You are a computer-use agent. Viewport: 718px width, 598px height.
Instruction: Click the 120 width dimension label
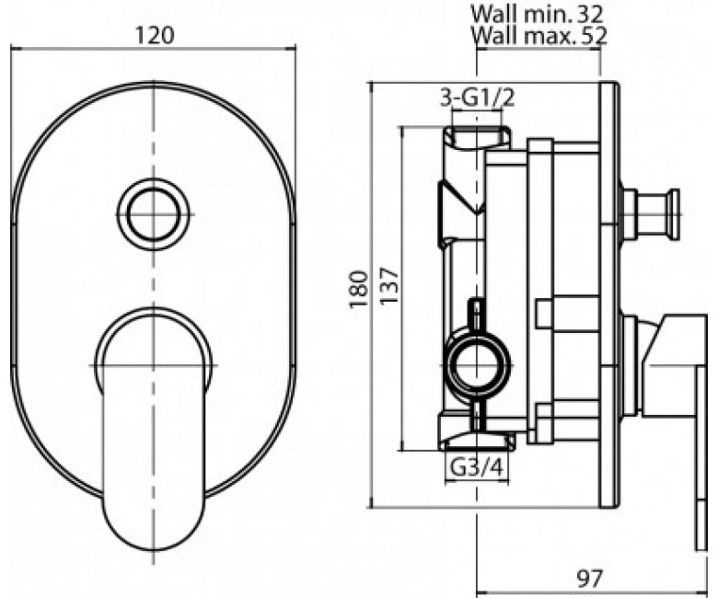coord(155,35)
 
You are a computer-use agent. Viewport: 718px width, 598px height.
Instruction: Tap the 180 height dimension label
coord(359,290)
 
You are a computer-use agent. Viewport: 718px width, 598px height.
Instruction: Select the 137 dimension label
coord(389,286)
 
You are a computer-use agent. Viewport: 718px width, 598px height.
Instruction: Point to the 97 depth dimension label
coord(590,579)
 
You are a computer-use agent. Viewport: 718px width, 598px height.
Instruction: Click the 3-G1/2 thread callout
coord(477,98)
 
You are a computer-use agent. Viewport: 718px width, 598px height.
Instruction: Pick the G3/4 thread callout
coord(477,467)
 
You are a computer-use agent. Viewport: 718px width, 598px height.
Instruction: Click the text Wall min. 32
coord(538,14)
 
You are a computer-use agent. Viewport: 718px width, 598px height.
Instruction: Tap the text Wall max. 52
coord(538,35)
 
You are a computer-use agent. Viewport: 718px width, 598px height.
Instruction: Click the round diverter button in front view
coord(153,214)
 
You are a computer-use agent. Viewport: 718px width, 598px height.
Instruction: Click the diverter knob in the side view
coord(649,213)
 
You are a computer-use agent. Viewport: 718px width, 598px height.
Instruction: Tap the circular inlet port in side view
coord(478,365)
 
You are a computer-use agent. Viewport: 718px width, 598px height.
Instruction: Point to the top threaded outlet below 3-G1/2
coord(477,137)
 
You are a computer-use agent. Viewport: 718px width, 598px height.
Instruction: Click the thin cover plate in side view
coord(608,295)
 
